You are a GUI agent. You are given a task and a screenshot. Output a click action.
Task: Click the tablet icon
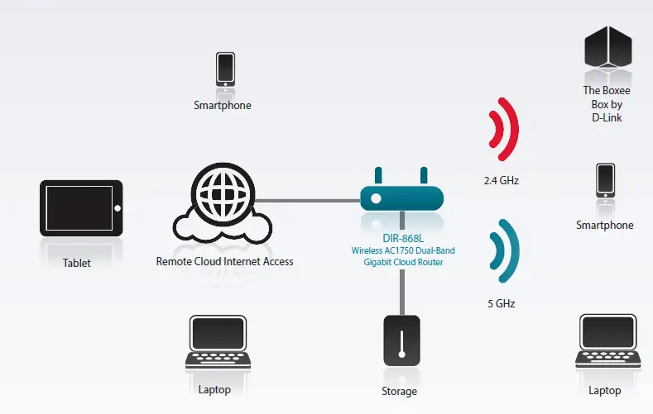[81, 209]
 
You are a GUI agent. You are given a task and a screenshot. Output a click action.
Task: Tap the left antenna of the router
[379, 175]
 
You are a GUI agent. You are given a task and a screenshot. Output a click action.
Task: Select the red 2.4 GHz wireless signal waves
[503, 131]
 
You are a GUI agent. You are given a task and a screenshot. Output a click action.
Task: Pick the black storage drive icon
[401, 340]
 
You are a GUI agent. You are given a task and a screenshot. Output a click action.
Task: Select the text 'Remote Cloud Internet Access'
[224, 262]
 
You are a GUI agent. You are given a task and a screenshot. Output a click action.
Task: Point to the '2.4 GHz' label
[502, 179]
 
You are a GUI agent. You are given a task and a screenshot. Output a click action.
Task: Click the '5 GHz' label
[502, 303]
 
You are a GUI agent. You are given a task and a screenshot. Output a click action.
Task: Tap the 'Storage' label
[400, 392]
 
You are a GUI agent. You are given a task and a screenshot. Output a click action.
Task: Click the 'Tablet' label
[77, 264]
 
